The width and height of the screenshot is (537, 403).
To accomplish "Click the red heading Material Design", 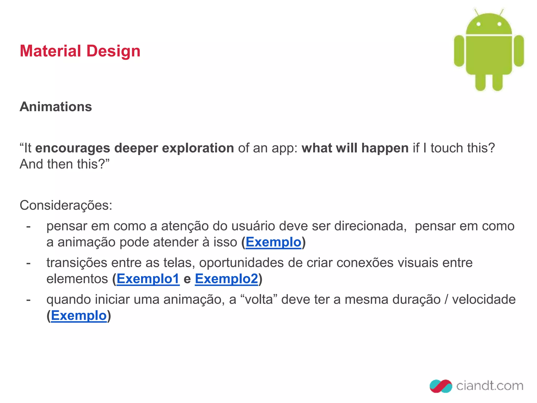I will pyautogui.click(x=80, y=51).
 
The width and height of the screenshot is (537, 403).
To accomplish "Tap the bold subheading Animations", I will pyautogui.click(x=56, y=107).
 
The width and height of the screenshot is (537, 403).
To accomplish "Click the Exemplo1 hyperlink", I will pyautogui.click(x=148, y=279).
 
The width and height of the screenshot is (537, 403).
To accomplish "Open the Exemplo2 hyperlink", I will pyautogui.click(x=227, y=279).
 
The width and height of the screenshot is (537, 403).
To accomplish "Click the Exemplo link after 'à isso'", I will pyautogui.click(x=273, y=242).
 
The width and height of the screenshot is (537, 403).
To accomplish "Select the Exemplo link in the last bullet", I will pyautogui.click(x=79, y=315).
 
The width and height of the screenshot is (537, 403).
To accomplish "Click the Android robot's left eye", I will pyautogui.click(x=478, y=24).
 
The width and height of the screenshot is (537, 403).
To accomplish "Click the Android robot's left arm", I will pyautogui.click(x=459, y=51).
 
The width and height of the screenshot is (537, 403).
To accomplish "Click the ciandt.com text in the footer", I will pyautogui.click(x=490, y=386).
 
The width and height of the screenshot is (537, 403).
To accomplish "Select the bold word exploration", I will pyautogui.click(x=198, y=148).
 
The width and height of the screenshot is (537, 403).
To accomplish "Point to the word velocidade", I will pyautogui.click(x=484, y=299).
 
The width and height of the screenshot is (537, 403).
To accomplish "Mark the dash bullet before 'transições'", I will pyautogui.click(x=28, y=263).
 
